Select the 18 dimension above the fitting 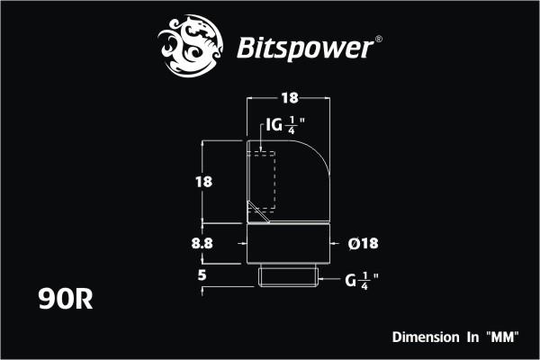click(289, 96)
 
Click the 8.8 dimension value click(203, 242)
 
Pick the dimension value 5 click(203, 276)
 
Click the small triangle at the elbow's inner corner click(258, 215)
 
